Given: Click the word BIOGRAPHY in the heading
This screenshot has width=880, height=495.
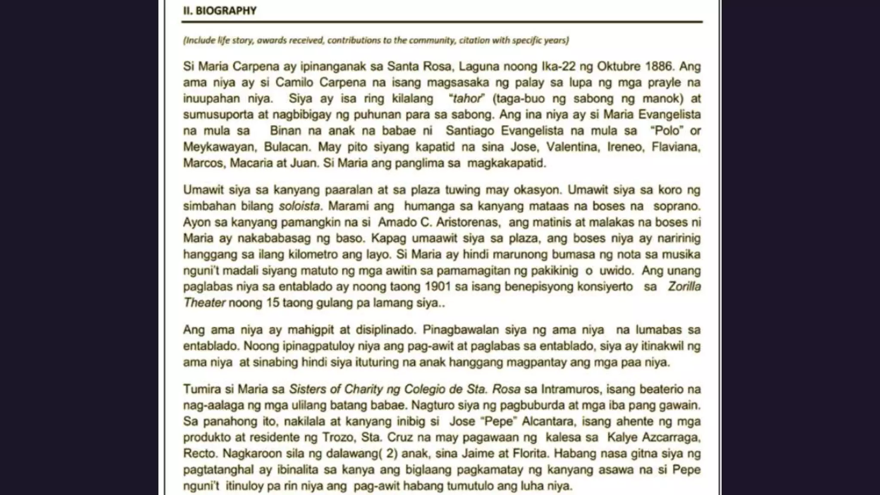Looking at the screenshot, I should pos(226,11).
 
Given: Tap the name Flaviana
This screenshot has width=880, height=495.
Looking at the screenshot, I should pos(676,147).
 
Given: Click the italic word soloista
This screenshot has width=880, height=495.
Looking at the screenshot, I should pos(299,206).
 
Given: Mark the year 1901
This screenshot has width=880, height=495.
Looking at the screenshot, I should pos(438,287).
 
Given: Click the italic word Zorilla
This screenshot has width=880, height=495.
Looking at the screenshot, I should pos(684,287).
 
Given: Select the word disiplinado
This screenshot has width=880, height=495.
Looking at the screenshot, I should pos(385,330).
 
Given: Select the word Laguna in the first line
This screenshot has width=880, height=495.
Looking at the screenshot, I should pos(479,67).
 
